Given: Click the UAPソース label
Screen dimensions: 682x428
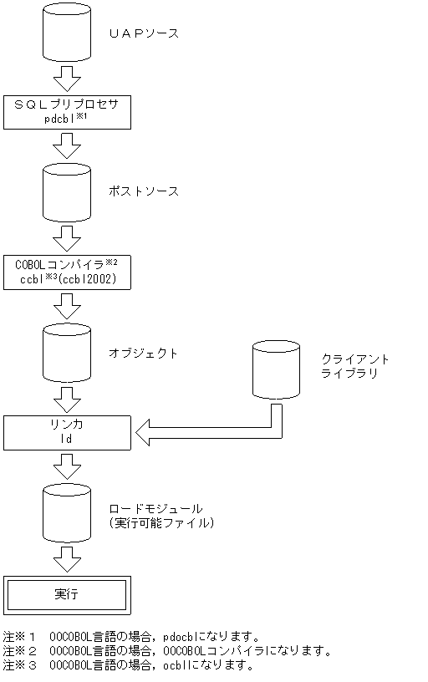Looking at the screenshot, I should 144,33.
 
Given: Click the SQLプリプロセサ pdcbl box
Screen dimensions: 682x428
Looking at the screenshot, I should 67,111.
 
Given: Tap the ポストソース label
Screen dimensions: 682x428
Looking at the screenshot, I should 144,191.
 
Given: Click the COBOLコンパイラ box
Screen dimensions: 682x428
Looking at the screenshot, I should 67,272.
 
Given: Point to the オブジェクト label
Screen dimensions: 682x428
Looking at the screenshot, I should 144,353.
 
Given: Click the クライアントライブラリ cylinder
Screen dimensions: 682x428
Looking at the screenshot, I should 277,368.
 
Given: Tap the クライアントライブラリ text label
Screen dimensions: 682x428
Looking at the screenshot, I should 355,366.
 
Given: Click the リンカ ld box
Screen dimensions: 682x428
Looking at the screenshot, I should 67,432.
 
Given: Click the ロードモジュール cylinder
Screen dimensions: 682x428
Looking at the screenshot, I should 66,513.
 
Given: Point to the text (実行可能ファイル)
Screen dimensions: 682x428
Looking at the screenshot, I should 162,522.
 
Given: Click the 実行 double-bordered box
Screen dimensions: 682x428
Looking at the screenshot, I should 67,595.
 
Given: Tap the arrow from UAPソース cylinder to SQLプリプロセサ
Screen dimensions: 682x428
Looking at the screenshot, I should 66,80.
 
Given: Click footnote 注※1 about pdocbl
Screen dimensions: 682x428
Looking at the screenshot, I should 132,636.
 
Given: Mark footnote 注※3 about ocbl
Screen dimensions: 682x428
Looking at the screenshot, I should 128,665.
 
